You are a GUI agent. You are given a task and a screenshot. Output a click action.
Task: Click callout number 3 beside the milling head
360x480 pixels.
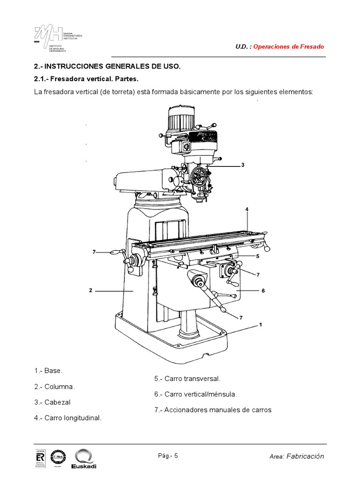click(243, 165)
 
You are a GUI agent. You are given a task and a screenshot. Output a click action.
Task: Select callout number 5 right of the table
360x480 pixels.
click(258, 256)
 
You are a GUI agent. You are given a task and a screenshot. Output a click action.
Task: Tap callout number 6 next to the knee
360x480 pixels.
click(263, 291)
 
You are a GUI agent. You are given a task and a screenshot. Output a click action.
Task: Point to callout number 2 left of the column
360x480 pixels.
click(91, 291)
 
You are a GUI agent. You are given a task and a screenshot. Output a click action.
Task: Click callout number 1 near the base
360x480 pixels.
click(260, 324)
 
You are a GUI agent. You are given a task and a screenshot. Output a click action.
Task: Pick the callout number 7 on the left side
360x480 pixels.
click(94, 252)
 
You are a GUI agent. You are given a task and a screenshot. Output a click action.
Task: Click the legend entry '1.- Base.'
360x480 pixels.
click(48, 371)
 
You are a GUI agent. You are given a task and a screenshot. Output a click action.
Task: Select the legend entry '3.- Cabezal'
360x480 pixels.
click(52, 402)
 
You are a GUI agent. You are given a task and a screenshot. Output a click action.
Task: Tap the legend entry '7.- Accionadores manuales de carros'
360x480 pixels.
click(213, 410)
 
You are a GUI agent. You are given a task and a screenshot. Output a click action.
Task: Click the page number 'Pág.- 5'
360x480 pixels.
click(168, 455)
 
